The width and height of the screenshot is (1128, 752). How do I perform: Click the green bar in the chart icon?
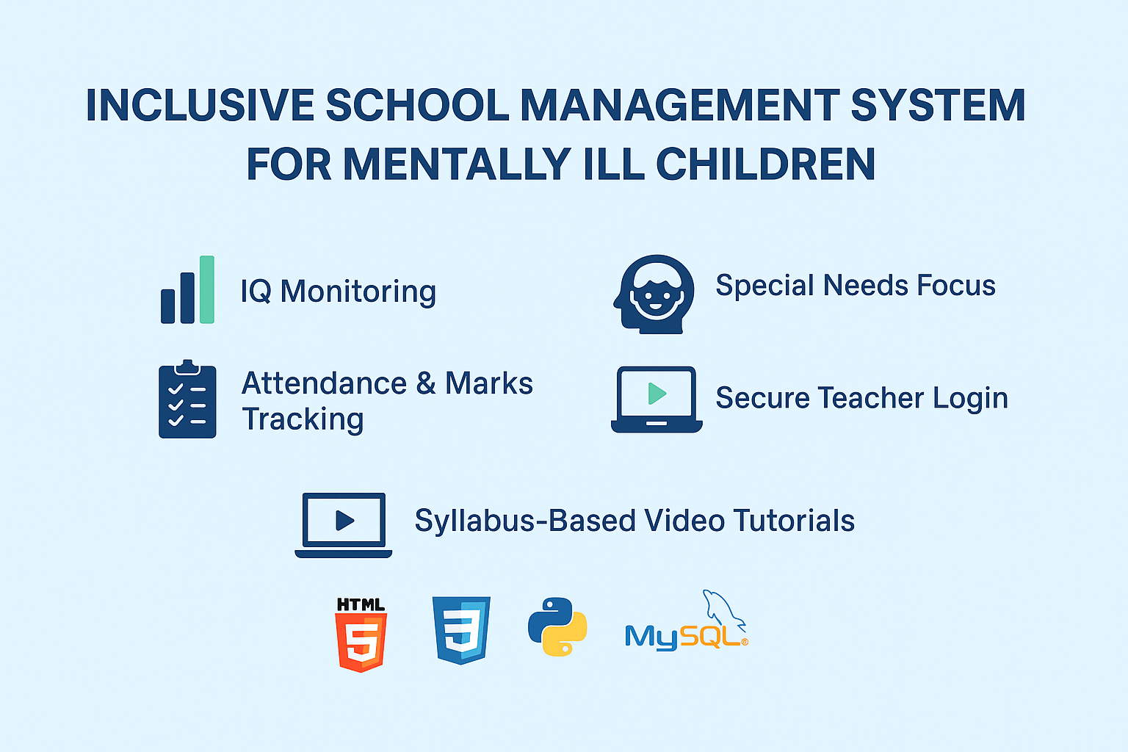pos(207,289)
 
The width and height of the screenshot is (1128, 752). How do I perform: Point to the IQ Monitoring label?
pos(338,292)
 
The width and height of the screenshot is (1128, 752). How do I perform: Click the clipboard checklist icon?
pos(187,400)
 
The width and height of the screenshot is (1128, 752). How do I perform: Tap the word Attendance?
pos(324,383)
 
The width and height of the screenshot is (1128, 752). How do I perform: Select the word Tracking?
pos(303,419)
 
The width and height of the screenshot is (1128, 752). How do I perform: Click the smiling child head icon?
pos(654,294)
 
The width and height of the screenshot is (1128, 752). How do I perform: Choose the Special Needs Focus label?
pos(855,286)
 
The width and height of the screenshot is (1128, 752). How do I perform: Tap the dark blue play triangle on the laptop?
pos(344,520)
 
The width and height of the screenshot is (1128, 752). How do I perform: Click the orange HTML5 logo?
pos(361,636)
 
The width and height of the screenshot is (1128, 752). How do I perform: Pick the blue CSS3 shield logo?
pos(461,630)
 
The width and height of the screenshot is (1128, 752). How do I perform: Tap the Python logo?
pos(557,626)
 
